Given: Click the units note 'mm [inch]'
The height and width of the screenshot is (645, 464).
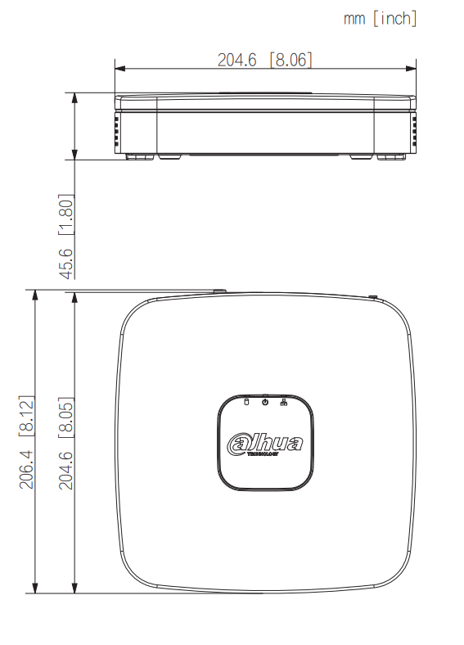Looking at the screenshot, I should pos(380,18).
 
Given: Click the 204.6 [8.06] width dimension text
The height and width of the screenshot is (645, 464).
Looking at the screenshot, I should pos(264,60).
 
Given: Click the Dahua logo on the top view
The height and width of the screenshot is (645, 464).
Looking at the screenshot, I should pos(265,444).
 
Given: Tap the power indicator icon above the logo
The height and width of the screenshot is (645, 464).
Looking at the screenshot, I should pos(265,401).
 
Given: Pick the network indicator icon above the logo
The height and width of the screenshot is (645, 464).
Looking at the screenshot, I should pos(284,401).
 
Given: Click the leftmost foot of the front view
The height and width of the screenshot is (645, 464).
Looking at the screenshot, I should pos(139,156).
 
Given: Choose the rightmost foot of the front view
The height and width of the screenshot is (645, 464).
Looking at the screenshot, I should pos(391,156).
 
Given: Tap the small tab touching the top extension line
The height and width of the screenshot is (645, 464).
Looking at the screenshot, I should pos(218,290).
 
